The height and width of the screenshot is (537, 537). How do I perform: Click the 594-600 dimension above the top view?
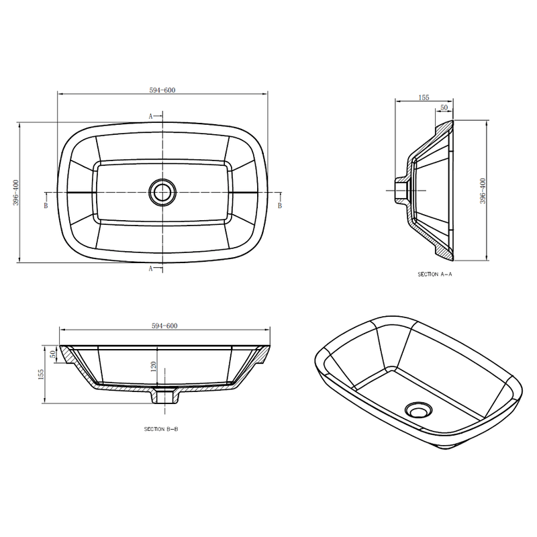pos(162,90)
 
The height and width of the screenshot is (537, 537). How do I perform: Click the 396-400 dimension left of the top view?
pos(16,193)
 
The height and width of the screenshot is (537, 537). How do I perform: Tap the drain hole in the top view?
pos(162,192)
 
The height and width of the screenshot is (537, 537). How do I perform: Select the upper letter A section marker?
pos(150,116)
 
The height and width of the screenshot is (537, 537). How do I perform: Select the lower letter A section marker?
pos(150,268)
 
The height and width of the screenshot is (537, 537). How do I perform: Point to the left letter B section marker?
pos(46,205)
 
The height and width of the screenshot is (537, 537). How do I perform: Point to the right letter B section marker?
pos(280,205)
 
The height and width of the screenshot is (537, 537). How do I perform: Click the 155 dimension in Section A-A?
pos(424,97)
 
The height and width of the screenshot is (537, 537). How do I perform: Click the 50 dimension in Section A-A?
pos(444,107)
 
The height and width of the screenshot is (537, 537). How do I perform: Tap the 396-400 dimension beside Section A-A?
pos(483,191)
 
